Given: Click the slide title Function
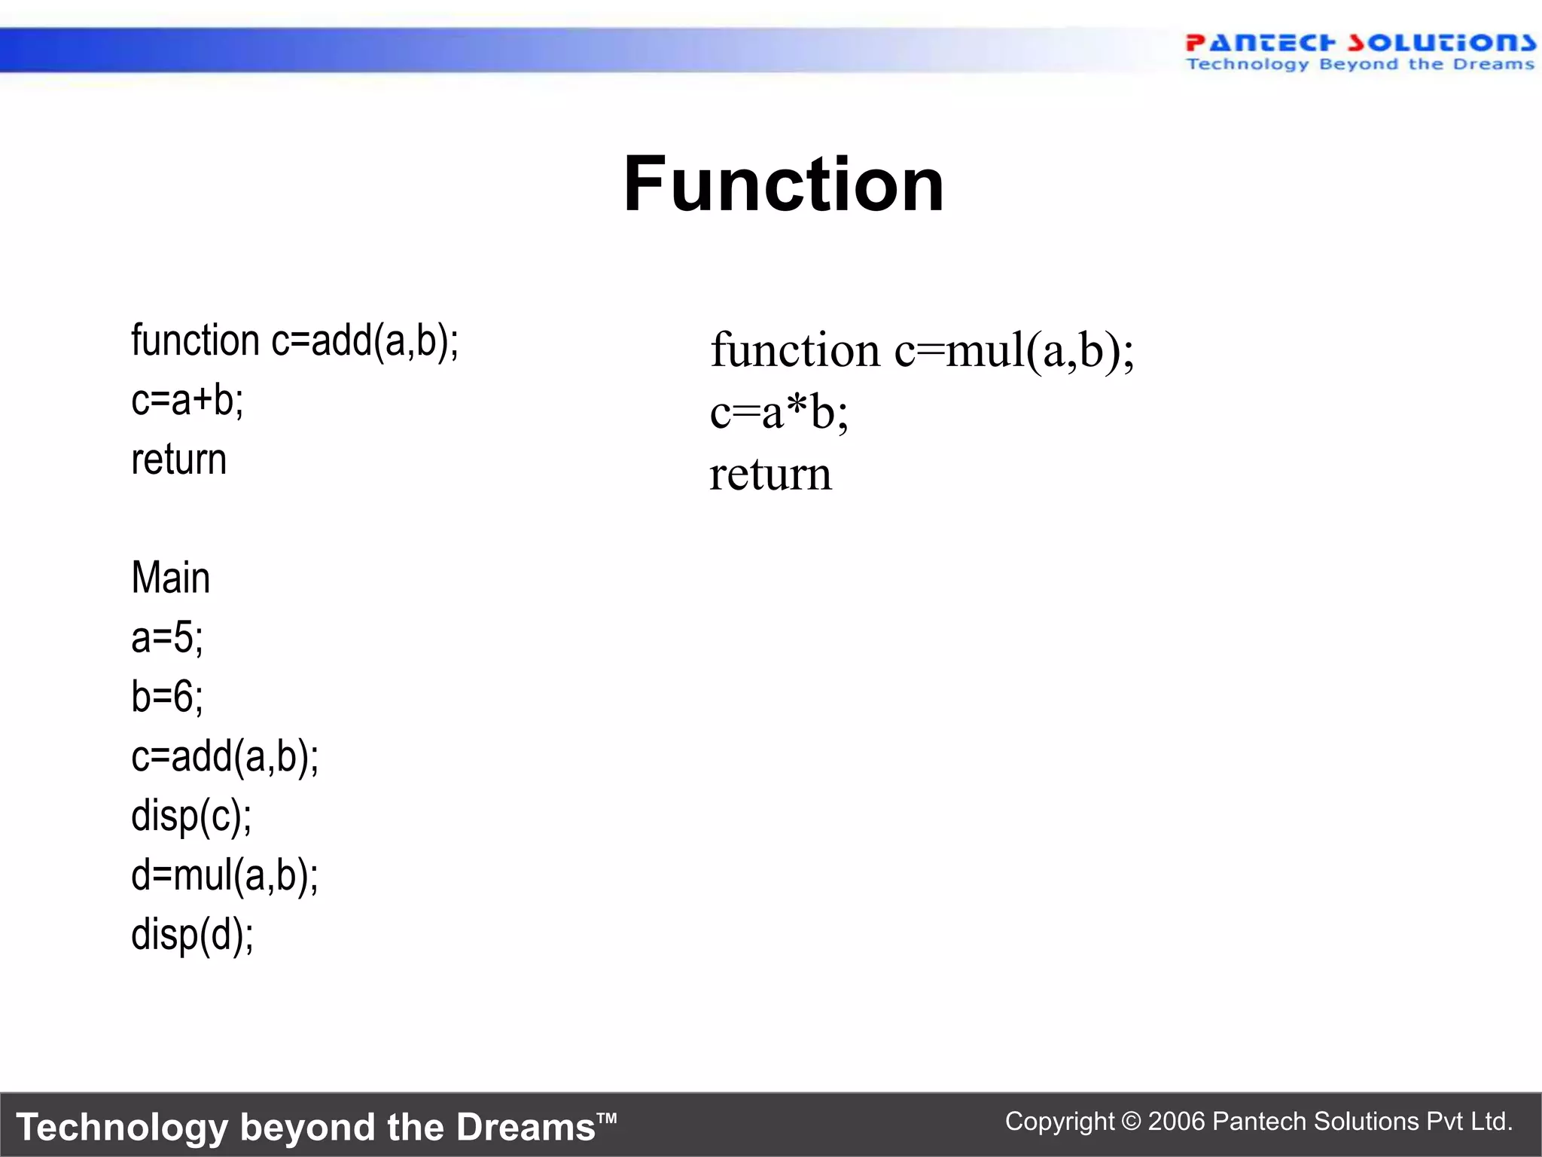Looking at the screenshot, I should pyautogui.click(x=783, y=185).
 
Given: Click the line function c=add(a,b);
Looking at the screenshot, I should pyautogui.click(x=294, y=340).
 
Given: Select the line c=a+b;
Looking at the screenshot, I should pyautogui.click(x=187, y=400).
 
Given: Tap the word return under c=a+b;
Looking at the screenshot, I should pyautogui.click(x=178, y=459).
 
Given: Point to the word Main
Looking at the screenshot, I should pyautogui.click(x=170, y=578).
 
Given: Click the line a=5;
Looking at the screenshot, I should pyautogui.click(x=166, y=637).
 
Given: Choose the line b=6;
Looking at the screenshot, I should pyautogui.click(x=166, y=697).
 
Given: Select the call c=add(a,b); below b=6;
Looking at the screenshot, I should pyautogui.click(x=224, y=756).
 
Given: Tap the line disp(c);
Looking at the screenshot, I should pyautogui.click(x=191, y=816).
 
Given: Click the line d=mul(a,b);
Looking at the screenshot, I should pyautogui.click(x=224, y=875).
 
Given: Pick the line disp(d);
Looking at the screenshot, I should pyautogui.click(x=192, y=935).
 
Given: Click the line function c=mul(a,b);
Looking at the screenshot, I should pyautogui.click(x=922, y=351).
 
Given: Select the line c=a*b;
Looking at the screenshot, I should pyautogui.click(x=779, y=414).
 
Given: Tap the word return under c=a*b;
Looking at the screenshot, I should pyautogui.click(x=770, y=475).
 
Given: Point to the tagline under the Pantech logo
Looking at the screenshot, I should pyautogui.click(x=1359, y=65).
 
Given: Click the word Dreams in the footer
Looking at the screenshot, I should pyautogui.click(x=526, y=1128).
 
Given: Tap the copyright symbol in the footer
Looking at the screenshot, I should pyautogui.click(x=1131, y=1122).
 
